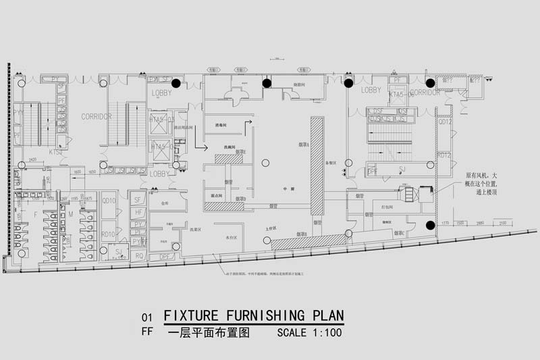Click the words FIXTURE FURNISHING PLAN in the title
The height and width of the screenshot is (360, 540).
(x=254, y=316)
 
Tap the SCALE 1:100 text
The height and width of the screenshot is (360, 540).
(x=309, y=332)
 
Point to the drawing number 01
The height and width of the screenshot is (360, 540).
(x=146, y=317)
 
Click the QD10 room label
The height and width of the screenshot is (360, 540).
(x=109, y=201)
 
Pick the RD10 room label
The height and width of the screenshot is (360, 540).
(x=109, y=234)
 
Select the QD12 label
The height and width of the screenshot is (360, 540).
(x=445, y=122)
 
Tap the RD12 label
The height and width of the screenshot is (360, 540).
(x=444, y=155)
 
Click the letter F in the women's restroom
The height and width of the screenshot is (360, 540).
(x=36, y=214)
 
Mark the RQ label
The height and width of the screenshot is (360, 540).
(x=138, y=256)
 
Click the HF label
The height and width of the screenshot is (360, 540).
(x=138, y=212)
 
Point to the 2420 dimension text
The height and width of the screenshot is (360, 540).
(x=32, y=161)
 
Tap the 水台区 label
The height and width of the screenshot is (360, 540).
(x=230, y=238)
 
